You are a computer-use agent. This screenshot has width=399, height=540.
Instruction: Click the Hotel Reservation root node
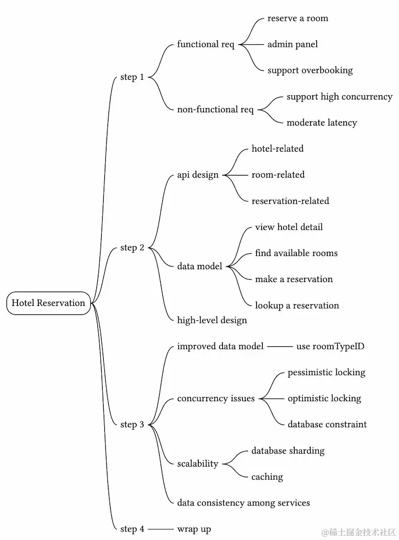48,303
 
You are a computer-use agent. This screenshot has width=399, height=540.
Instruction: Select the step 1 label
132,77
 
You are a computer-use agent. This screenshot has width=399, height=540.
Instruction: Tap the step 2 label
132,247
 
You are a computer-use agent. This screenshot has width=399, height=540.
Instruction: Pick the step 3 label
132,425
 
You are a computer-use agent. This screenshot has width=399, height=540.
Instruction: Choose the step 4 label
132,529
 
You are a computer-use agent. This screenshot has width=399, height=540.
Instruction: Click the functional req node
206,44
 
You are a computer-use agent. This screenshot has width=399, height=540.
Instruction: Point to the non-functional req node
215,110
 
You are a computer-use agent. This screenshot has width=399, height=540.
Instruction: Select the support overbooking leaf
310,70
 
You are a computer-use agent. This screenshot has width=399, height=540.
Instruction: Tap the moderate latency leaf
322,123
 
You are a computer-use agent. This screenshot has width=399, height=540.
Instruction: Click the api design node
198,175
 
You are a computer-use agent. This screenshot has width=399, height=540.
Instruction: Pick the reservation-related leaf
290,201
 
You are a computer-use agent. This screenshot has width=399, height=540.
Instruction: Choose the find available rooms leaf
296,253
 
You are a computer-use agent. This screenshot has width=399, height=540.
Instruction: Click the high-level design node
212,320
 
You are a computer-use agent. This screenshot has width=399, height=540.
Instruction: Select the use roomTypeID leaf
330,347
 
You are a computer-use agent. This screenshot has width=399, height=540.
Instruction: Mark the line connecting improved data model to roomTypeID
280,347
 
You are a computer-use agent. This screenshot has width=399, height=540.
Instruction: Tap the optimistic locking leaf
325,398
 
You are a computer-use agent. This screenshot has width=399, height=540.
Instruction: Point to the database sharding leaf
288,451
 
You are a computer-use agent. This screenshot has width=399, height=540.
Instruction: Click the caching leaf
267,477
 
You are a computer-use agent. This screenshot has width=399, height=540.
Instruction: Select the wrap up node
194,529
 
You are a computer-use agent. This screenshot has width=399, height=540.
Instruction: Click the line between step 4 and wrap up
161,529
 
